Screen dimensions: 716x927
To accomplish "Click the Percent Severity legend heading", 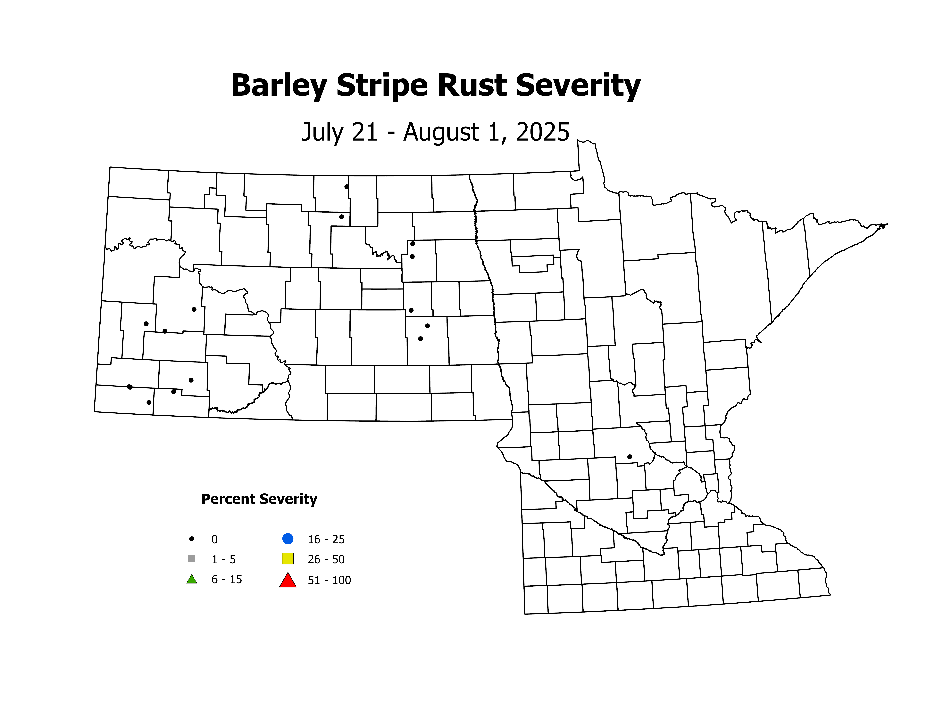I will [x=259, y=499].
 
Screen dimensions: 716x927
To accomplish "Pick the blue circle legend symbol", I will [x=288, y=539].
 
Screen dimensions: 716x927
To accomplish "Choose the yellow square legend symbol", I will [x=288, y=559].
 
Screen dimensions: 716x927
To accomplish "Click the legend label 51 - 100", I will [x=329, y=580].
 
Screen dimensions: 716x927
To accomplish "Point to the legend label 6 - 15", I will [x=227, y=579].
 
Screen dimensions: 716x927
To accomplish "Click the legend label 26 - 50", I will [x=326, y=559].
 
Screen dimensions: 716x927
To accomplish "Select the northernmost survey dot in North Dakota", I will [x=347, y=187].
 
